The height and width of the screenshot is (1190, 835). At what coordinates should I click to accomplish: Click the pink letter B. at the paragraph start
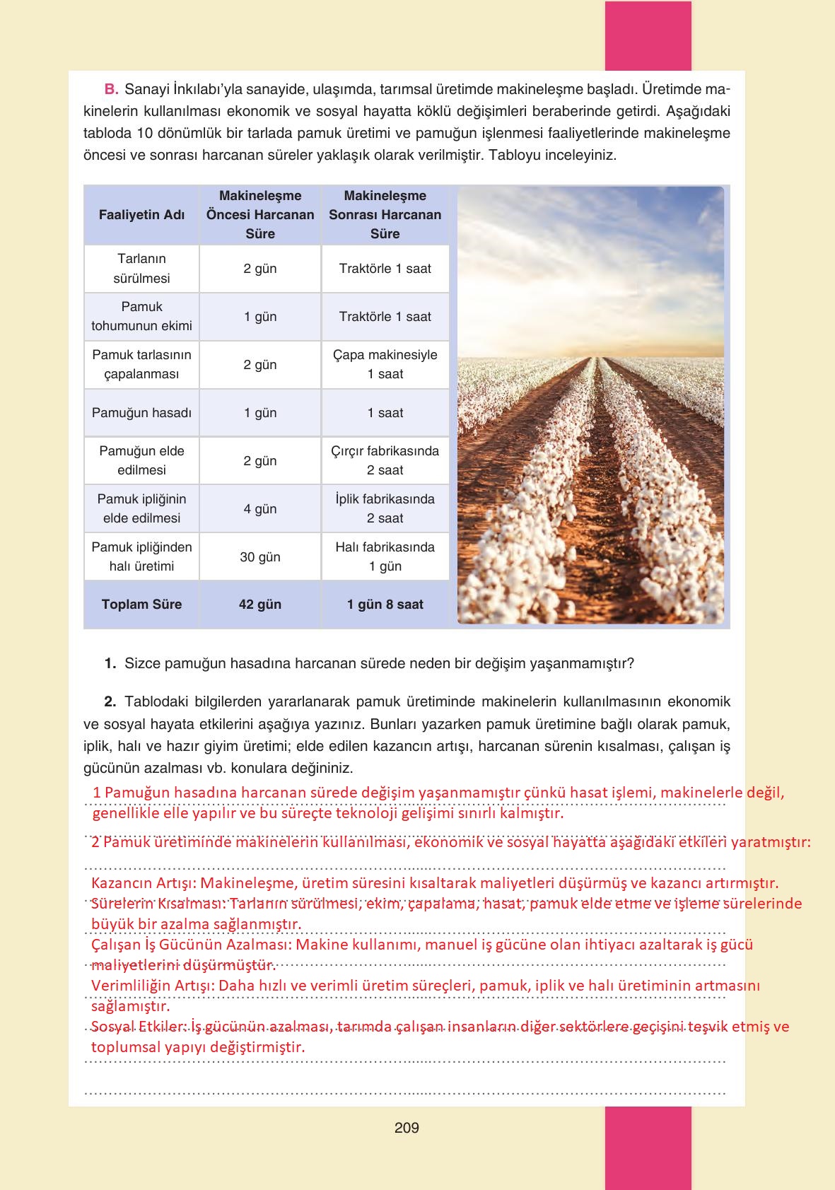pyautogui.click(x=111, y=90)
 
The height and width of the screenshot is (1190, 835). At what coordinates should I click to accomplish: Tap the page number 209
pyautogui.click(x=407, y=1128)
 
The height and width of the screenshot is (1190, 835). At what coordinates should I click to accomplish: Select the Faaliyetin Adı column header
pyautogui.click(x=141, y=215)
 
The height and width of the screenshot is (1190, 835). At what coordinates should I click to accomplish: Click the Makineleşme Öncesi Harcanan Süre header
pyautogui.click(x=260, y=215)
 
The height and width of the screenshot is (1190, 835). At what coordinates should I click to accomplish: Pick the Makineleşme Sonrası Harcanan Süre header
pyautogui.click(x=385, y=215)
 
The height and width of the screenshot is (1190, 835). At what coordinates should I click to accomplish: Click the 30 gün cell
pyautogui.click(x=260, y=557)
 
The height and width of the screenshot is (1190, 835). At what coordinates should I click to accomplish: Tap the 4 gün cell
pyautogui.click(x=260, y=509)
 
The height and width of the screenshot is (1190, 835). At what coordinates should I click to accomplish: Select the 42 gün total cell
pyautogui.click(x=260, y=605)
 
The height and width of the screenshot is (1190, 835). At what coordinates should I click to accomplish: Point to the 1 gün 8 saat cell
pyautogui.click(x=385, y=605)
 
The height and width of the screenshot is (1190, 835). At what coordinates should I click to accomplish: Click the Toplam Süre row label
pyautogui.click(x=141, y=605)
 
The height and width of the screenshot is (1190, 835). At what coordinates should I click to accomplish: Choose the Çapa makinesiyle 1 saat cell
pyautogui.click(x=385, y=365)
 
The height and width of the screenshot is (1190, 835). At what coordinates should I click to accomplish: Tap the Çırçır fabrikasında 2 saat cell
pyautogui.click(x=385, y=461)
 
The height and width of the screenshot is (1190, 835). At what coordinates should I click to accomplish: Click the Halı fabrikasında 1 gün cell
pyautogui.click(x=385, y=557)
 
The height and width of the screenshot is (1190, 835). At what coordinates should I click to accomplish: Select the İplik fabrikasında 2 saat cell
pyautogui.click(x=385, y=509)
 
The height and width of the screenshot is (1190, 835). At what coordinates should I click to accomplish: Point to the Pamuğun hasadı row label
pyautogui.click(x=141, y=413)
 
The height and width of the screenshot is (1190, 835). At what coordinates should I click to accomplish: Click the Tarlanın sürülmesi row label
pyautogui.click(x=141, y=269)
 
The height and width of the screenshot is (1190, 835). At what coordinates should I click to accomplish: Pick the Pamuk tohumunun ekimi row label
pyautogui.click(x=141, y=317)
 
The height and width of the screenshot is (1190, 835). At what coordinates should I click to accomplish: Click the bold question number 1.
pyautogui.click(x=110, y=664)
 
